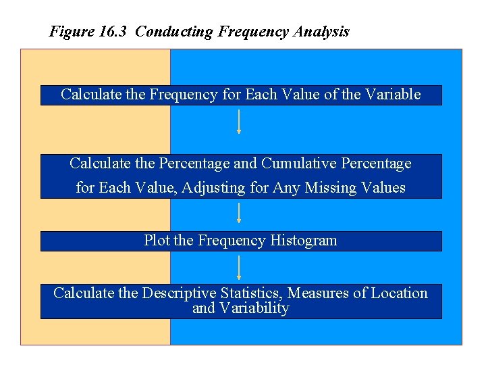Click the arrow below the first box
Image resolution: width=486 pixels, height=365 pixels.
(x=239, y=122)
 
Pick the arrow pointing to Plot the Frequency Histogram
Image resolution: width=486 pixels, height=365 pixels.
(x=239, y=214)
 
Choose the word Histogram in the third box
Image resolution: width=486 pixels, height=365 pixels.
(x=303, y=241)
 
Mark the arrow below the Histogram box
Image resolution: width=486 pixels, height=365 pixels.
(x=239, y=268)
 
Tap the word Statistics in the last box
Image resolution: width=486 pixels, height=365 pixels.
(x=250, y=293)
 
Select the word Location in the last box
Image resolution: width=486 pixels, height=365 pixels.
(x=400, y=293)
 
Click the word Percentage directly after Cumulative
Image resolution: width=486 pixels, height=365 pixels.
(x=376, y=164)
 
